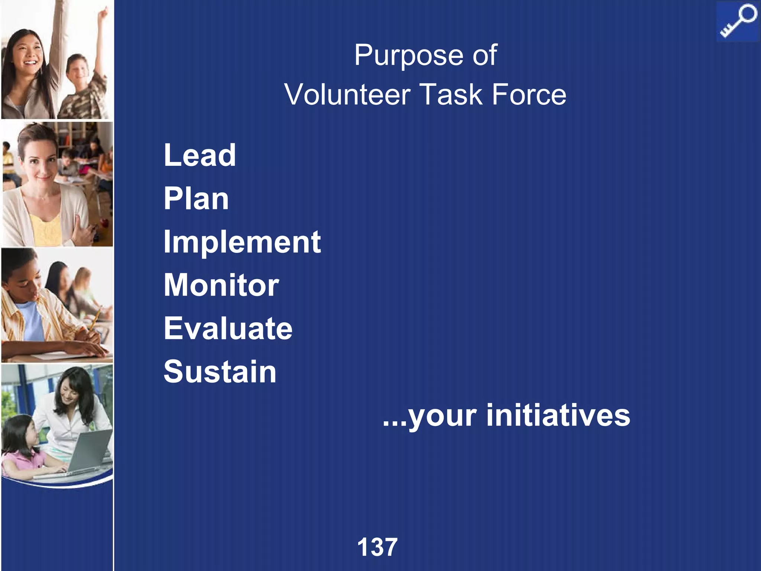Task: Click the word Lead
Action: [x=200, y=155]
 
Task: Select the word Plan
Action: [x=196, y=199]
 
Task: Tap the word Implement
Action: [x=242, y=242]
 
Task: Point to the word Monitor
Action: [x=221, y=285]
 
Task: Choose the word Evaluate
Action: [x=228, y=329]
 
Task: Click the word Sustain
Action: [x=220, y=372]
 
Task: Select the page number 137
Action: [x=377, y=547]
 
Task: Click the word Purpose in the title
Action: [x=408, y=55]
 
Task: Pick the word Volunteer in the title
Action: [x=347, y=95]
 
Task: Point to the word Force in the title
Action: [x=529, y=95]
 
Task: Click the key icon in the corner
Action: [x=737, y=22]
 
